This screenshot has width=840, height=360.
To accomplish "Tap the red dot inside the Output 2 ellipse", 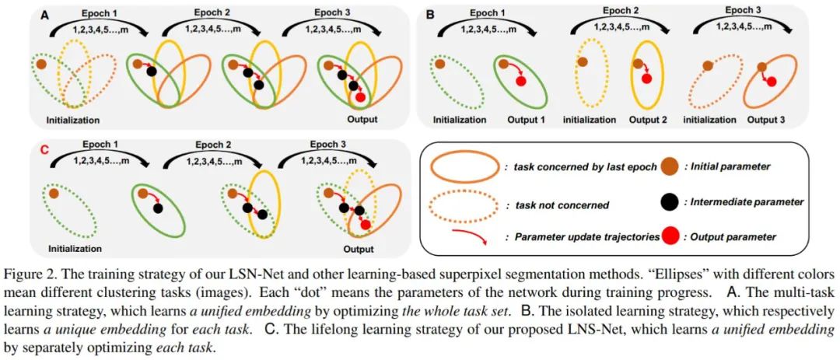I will [646, 79].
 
